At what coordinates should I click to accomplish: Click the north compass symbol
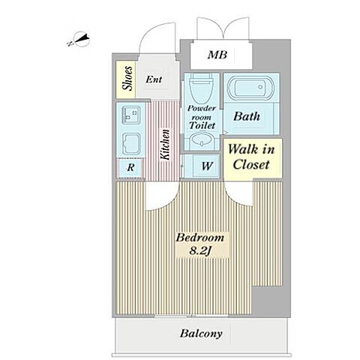[x=79, y=40]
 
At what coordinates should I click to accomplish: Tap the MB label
[x=217, y=55]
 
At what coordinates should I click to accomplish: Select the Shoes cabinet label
[x=127, y=78]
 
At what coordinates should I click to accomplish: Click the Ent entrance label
[x=154, y=79]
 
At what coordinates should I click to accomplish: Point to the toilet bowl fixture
[x=202, y=88]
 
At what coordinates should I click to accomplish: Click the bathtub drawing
[x=250, y=88]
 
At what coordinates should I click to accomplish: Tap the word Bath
[x=247, y=116]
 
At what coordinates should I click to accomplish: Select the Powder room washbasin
[x=201, y=142]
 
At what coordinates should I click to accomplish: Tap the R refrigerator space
[x=130, y=167]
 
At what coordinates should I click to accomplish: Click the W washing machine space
[x=207, y=166]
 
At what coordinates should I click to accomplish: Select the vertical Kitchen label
[x=165, y=145]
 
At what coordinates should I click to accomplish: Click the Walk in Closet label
[x=251, y=157]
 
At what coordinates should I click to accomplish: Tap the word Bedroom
[x=200, y=237]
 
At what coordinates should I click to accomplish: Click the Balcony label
[x=201, y=334]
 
